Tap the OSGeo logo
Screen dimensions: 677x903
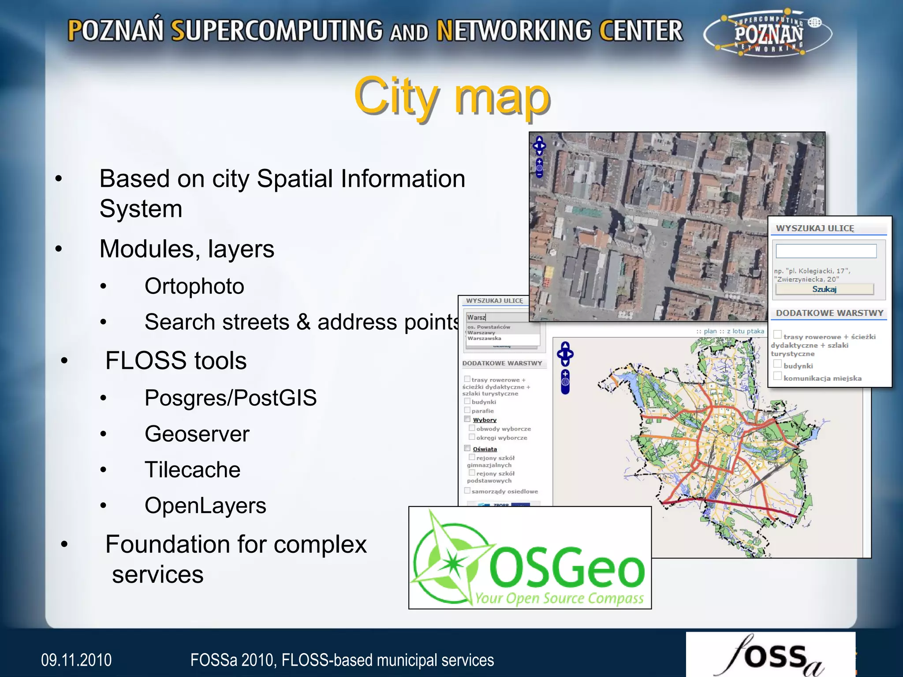point(530,558)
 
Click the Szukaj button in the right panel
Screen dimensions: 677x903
point(824,289)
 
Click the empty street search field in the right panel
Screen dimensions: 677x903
point(826,251)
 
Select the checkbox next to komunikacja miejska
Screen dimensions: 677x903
point(778,376)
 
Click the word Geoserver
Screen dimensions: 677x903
point(197,434)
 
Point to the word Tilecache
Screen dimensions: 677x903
point(192,470)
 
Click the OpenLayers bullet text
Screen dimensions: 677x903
point(205,506)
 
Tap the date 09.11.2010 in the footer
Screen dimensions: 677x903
point(76,660)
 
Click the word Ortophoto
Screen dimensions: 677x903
point(194,286)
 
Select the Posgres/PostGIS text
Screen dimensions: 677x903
point(230,398)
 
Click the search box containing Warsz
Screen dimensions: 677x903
point(497,317)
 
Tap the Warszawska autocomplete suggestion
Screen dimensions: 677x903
point(484,338)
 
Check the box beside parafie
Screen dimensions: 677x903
point(467,410)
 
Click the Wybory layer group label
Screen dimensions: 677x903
point(485,420)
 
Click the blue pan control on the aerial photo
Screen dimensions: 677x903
point(539,145)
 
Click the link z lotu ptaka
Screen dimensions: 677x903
point(746,331)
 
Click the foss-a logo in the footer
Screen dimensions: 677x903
point(770,656)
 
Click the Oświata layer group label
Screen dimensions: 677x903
point(485,449)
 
